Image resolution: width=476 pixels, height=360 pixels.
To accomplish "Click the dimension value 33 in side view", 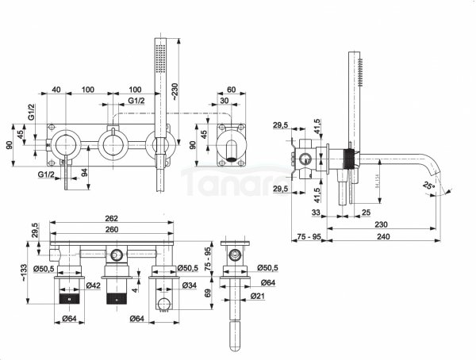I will pyautogui.click(x=315, y=213).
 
